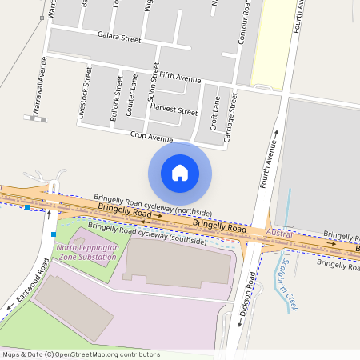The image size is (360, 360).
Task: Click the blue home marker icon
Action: pos(180,173)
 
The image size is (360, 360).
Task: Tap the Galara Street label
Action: pos(118,37)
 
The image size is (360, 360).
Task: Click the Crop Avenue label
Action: pos(151,138)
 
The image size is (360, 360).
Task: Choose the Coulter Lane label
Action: pos(132,95)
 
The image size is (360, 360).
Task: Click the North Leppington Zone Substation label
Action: pos(87,252)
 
